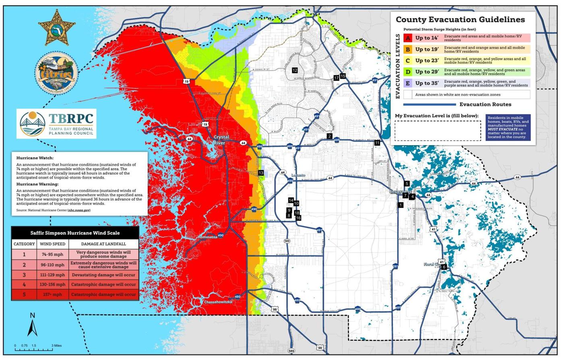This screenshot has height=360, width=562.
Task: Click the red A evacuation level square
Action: click(x=408, y=38)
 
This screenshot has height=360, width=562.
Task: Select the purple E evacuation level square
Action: click(x=408, y=83)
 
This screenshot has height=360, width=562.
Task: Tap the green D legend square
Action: click(x=408, y=72)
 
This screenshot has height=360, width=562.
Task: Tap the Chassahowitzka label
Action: click(x=218, y=302)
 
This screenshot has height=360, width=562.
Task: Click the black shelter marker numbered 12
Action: click(x=295, y=70)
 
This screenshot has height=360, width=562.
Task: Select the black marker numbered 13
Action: click(x=261, y=173)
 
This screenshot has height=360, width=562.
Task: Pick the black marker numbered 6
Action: click(x=444, y=267)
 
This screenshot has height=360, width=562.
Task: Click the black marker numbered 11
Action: click(x=377, y=143)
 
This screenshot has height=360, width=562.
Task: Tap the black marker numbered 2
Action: click(x=330, y=136)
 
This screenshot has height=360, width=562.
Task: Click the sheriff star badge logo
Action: click(x=57, y=28)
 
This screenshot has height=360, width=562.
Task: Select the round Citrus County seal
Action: click(x=56, y=73)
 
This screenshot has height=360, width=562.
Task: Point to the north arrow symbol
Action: click(x=32, y=325)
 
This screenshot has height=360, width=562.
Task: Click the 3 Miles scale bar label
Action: click(x=56, y=346)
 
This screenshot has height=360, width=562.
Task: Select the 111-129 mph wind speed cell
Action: click(x=52, y=275)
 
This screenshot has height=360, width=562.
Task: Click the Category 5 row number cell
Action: click(x=24, y=294)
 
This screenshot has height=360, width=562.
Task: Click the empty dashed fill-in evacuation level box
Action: click(x=438, y=131)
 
